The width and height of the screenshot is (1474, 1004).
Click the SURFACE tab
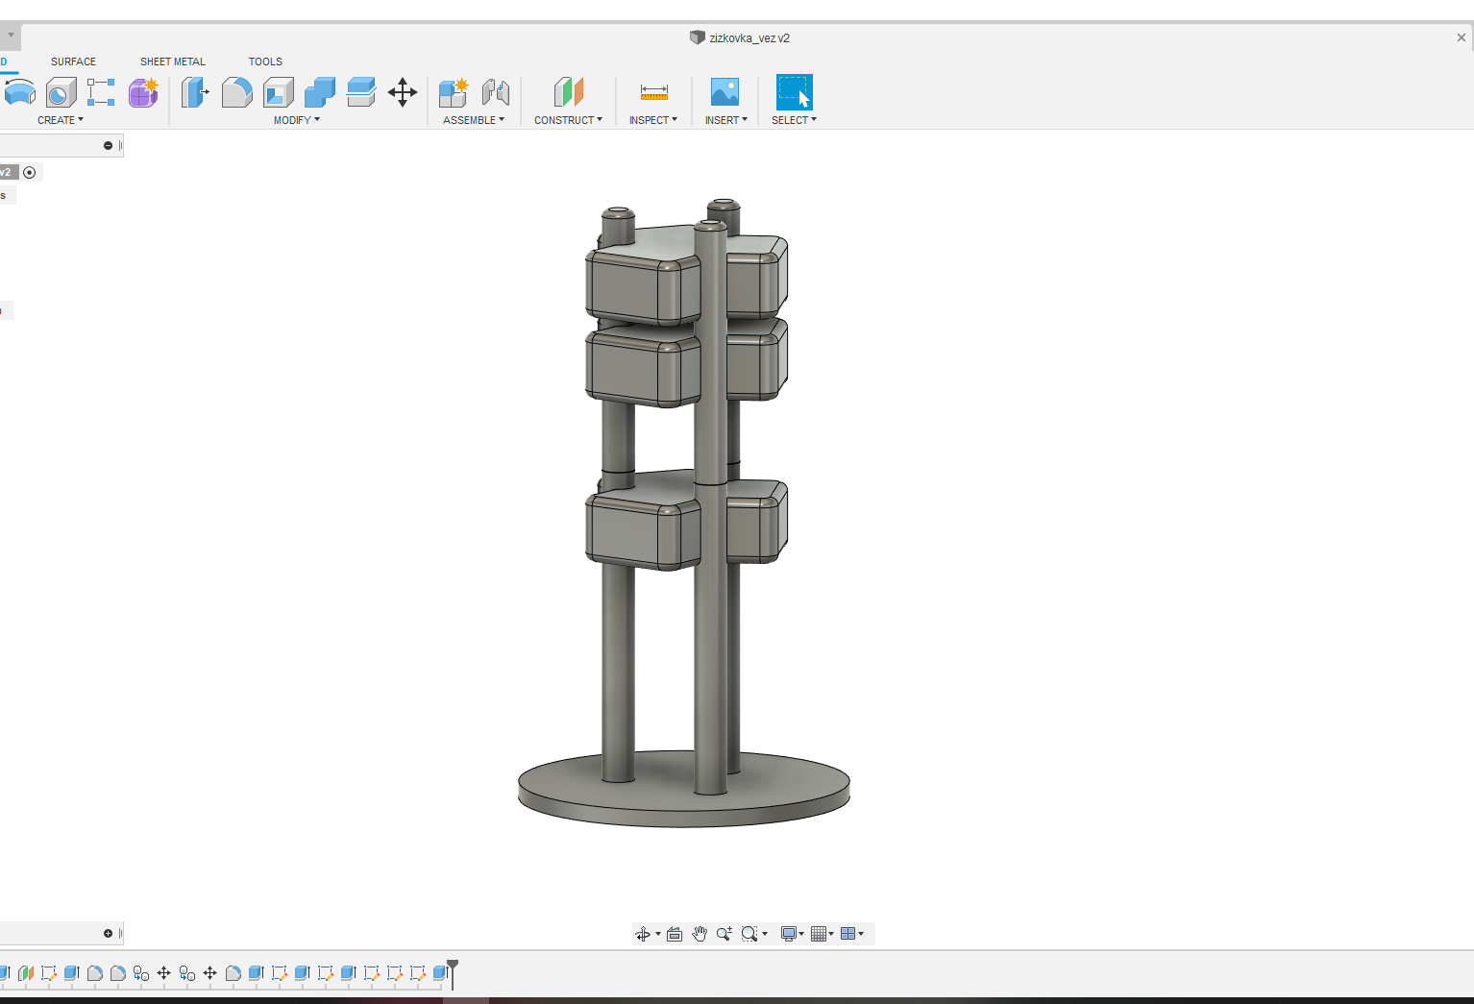73,61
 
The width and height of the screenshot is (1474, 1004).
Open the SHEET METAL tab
172,61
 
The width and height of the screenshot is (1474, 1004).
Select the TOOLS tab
265,61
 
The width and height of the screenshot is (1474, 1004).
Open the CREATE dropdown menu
60,120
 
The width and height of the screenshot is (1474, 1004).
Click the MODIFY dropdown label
296,120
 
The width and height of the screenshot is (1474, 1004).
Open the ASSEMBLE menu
473,120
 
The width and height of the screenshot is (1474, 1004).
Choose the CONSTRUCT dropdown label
568,120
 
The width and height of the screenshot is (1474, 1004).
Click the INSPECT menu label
652,120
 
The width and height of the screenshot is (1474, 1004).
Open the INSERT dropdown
725,120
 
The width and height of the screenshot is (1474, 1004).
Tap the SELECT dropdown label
794,120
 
